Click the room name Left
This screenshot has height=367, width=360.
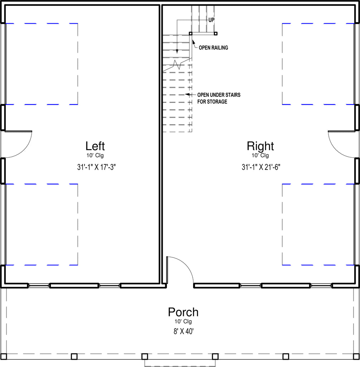pos(95,146)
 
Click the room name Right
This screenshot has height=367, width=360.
pos(260,147)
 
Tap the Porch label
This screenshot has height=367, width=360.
pos(183,312)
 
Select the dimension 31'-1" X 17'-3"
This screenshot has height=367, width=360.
pos(96,167)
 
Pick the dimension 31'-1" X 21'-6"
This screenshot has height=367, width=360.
pos(261,167)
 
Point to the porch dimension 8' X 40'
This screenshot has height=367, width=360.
pos(183,332)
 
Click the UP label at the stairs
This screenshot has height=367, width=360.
pos(211,20)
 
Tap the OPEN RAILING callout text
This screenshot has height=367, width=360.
pos(213,48)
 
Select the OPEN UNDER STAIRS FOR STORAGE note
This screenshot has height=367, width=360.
pos(219,98)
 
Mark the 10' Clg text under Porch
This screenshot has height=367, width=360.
pos(183,321)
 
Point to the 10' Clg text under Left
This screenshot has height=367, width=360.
pos(95,155)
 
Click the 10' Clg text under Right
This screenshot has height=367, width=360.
pos(260,155)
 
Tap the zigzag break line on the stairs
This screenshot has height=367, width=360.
pos(177,65)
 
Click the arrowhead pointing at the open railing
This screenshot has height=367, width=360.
pos(193,42)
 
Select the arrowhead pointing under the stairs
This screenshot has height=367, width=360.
pos(187,95)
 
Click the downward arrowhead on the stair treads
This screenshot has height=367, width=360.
pos(177,52)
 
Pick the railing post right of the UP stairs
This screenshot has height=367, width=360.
pos(216,34)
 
